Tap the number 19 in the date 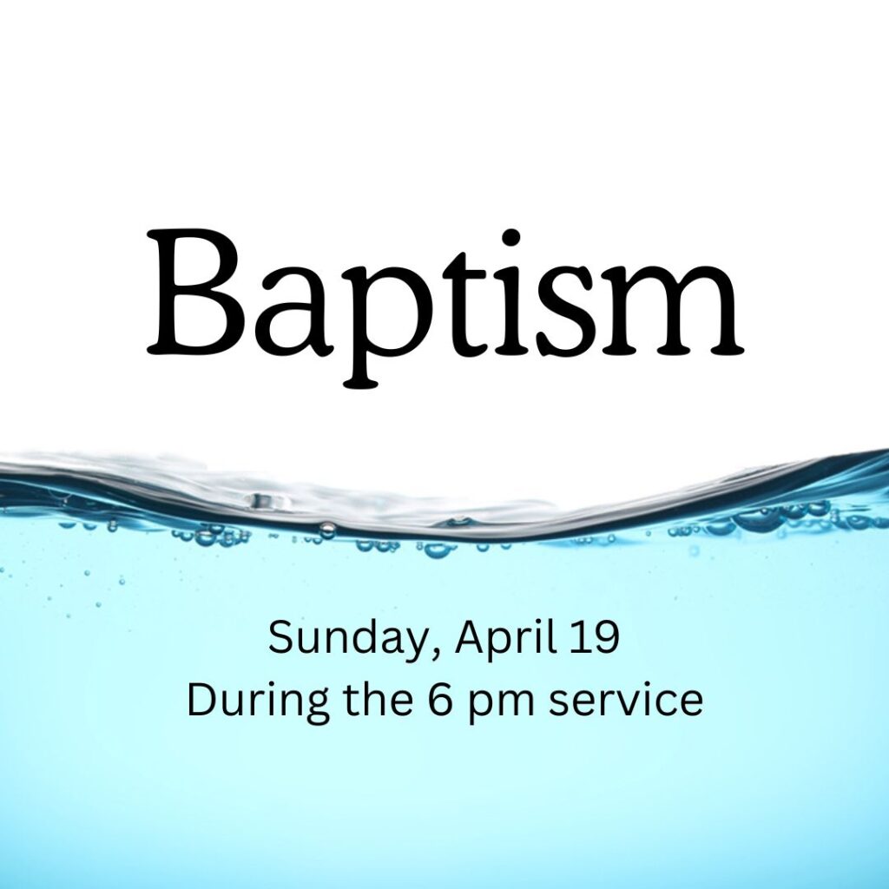point(596,638)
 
